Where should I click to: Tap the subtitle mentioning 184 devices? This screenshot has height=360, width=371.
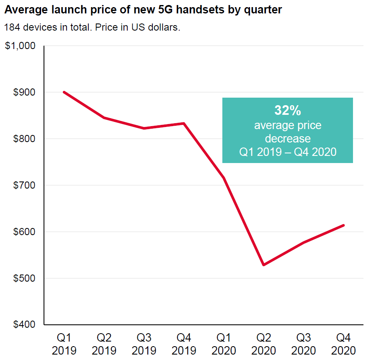[92, 28]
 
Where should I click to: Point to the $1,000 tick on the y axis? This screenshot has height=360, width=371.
[20, 46]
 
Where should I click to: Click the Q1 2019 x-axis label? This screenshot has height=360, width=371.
[64, 344]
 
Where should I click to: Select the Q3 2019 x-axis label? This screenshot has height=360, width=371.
[144, 344]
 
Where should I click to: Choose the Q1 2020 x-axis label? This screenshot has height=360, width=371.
[224, 344]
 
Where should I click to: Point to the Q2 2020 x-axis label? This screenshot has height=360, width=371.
[264, 344]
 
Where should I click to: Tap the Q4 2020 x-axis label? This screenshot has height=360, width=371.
[344, 344]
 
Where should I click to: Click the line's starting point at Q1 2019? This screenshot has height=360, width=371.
[64, 92]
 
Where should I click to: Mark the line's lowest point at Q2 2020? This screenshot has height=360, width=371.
[264, 265]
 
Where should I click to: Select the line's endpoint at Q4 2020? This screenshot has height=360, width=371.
[344, 225]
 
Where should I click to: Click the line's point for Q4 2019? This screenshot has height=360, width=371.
[184, 123]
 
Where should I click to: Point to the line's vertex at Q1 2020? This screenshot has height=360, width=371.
[224, 178]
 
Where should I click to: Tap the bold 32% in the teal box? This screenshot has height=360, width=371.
[288, 110]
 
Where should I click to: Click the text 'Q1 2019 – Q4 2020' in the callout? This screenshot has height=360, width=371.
[288, 152]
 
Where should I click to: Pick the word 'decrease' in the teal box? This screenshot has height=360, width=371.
[288, 138]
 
